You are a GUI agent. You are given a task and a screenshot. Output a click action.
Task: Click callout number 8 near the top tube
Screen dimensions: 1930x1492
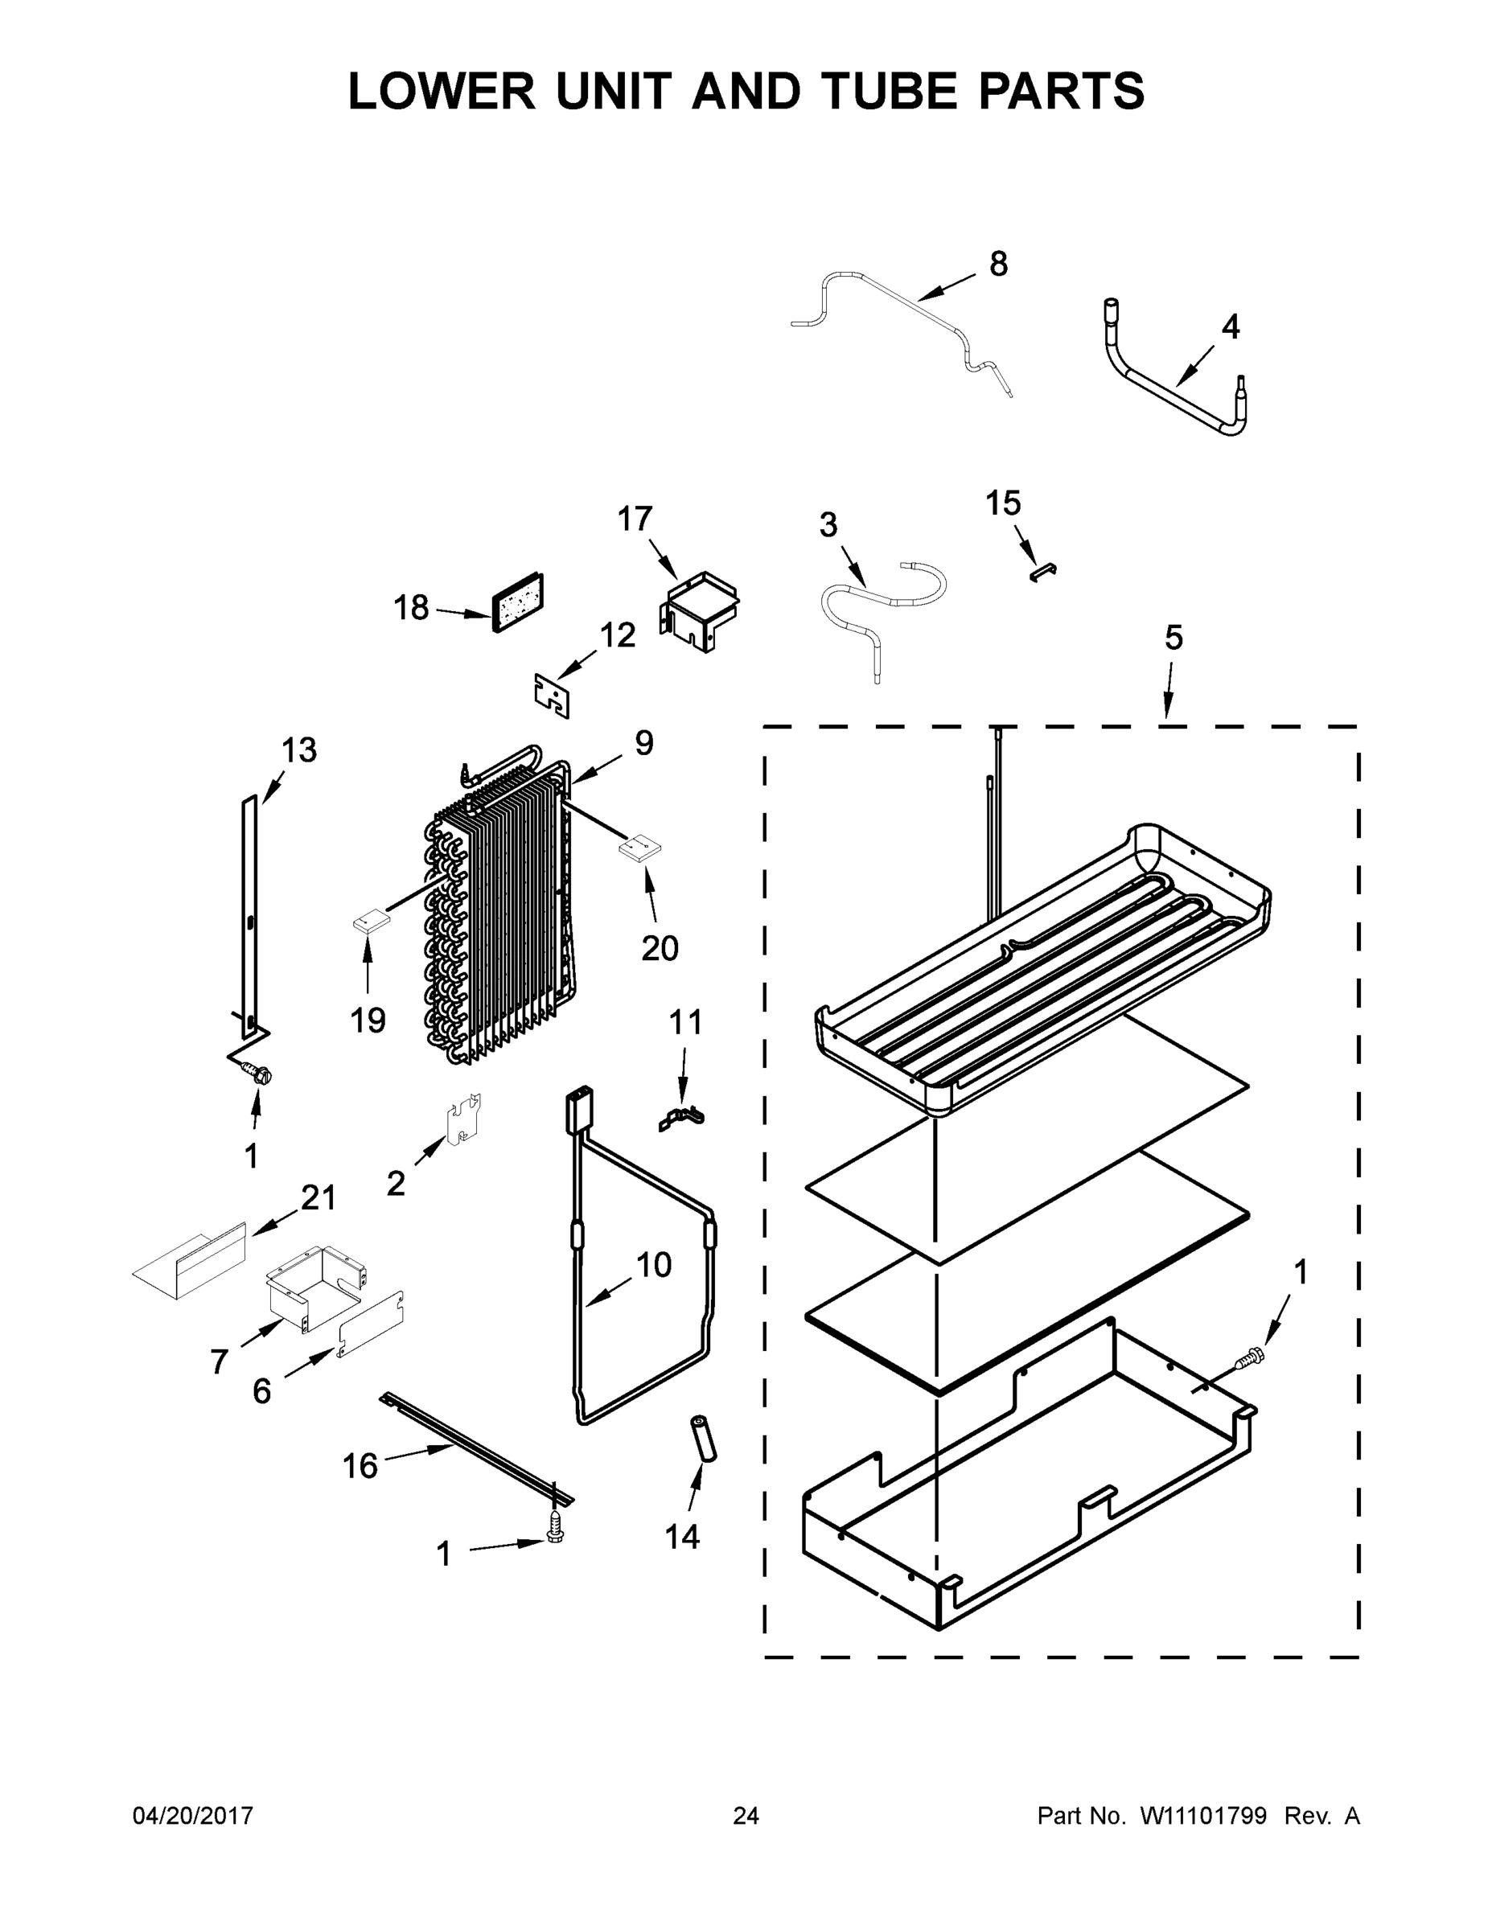[x=998, y=263]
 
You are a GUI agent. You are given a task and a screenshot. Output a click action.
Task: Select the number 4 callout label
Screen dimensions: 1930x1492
[x=1231, y=327]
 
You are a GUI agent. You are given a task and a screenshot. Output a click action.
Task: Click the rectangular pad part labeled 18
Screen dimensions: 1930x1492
[x=518, y=602]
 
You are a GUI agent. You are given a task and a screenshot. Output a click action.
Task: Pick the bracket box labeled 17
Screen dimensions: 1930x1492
[x=699, y=610]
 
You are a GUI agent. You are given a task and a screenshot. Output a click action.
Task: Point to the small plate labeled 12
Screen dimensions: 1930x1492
[x=553, y=696]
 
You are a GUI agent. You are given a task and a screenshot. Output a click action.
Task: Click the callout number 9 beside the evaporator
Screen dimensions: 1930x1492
[x=644, y=743]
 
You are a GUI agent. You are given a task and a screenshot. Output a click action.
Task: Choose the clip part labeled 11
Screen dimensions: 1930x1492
[x=681, y=1118]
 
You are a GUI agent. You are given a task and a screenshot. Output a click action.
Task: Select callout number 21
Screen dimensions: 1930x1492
[x=319, y=1198]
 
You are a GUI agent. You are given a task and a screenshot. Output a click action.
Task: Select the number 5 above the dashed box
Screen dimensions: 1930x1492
[x=1173, y=637]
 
